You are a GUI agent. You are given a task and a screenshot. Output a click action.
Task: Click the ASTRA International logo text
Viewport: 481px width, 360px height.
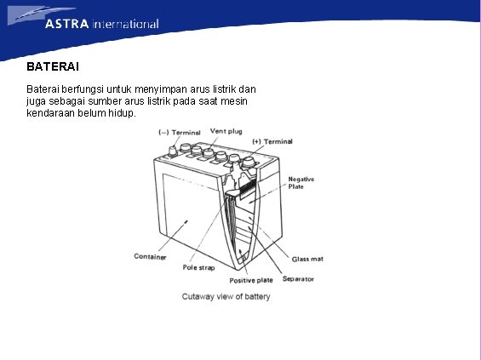tap(101, 24)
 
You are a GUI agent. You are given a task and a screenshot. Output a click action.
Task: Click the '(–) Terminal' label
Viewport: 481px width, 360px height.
tap(180, 132)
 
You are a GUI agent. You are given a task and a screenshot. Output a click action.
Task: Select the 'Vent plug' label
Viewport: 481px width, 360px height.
tap(226, 131)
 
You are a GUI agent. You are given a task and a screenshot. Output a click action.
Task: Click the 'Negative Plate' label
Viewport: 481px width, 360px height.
tap(301, 183)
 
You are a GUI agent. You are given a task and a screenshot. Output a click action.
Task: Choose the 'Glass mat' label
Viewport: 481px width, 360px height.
tap(307, 259)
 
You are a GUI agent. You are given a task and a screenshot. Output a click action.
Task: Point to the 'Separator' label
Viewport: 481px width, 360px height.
tap(298, 278)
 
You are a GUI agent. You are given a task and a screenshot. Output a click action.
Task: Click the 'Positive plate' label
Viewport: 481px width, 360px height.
tap(251, 280)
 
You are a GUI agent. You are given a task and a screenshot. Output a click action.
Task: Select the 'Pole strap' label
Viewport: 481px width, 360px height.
tap(198, 267)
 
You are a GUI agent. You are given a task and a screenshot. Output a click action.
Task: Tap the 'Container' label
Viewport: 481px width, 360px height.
tap(150, 256)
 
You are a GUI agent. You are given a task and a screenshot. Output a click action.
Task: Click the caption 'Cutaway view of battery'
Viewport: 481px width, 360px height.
tap(226, 296)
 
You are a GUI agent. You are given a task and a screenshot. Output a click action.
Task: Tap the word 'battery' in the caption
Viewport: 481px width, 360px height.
tap(256, 296)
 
